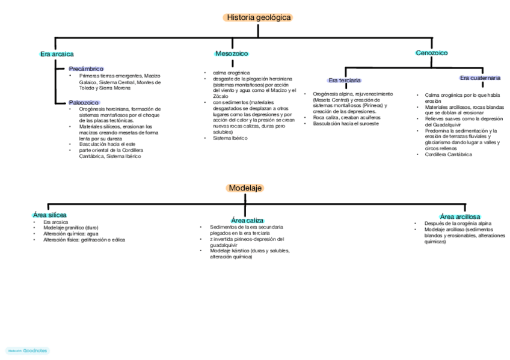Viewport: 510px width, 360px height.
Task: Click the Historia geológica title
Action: point(258,17)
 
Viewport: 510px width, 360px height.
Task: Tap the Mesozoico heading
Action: point(232,53)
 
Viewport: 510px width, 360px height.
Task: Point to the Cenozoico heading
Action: point(431,53)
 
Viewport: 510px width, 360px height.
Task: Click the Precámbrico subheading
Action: point(86,69)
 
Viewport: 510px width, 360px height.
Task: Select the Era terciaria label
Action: point(344,80)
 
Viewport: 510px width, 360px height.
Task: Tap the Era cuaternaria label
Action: point(479,78)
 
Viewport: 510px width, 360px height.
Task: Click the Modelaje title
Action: point(245,188)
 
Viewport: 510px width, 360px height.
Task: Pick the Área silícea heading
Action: point(49,215)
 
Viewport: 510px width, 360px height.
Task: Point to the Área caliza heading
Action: point(247,221)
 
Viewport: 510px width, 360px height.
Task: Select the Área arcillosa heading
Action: point(459,216)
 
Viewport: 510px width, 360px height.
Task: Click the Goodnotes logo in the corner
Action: point(28,350)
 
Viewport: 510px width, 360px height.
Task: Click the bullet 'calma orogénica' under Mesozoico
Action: point(226,73)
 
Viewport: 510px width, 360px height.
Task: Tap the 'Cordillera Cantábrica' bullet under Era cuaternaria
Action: point(448,154)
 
